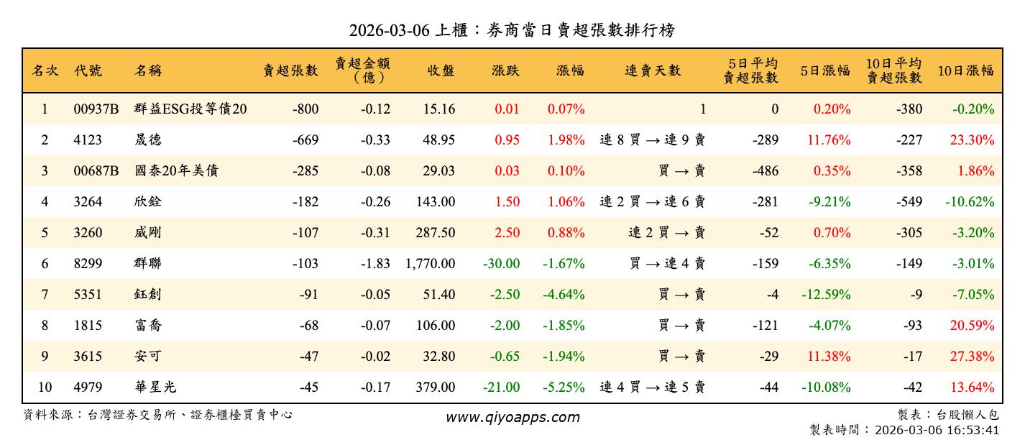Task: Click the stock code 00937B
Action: coord(96,109)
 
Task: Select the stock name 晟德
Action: coord(148,140)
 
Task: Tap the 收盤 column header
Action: coord(441,70)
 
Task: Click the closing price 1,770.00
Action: coord(430,264)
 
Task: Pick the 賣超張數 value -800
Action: coord(305,109)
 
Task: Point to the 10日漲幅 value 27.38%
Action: coord(972,357)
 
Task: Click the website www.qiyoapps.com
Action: coord(512,417)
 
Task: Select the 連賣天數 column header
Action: coord(653,70)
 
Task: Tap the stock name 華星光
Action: coord(155,388)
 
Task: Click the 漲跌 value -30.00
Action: coord(501,264)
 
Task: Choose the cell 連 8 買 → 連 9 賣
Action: coord(652,140)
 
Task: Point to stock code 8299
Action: coord(88,264)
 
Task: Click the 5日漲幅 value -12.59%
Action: coord(826,295)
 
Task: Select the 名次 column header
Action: coord(45,70)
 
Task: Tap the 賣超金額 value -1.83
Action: coord(376,264)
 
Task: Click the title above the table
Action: coord(512,30)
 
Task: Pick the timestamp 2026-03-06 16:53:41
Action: coord(934,430)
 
